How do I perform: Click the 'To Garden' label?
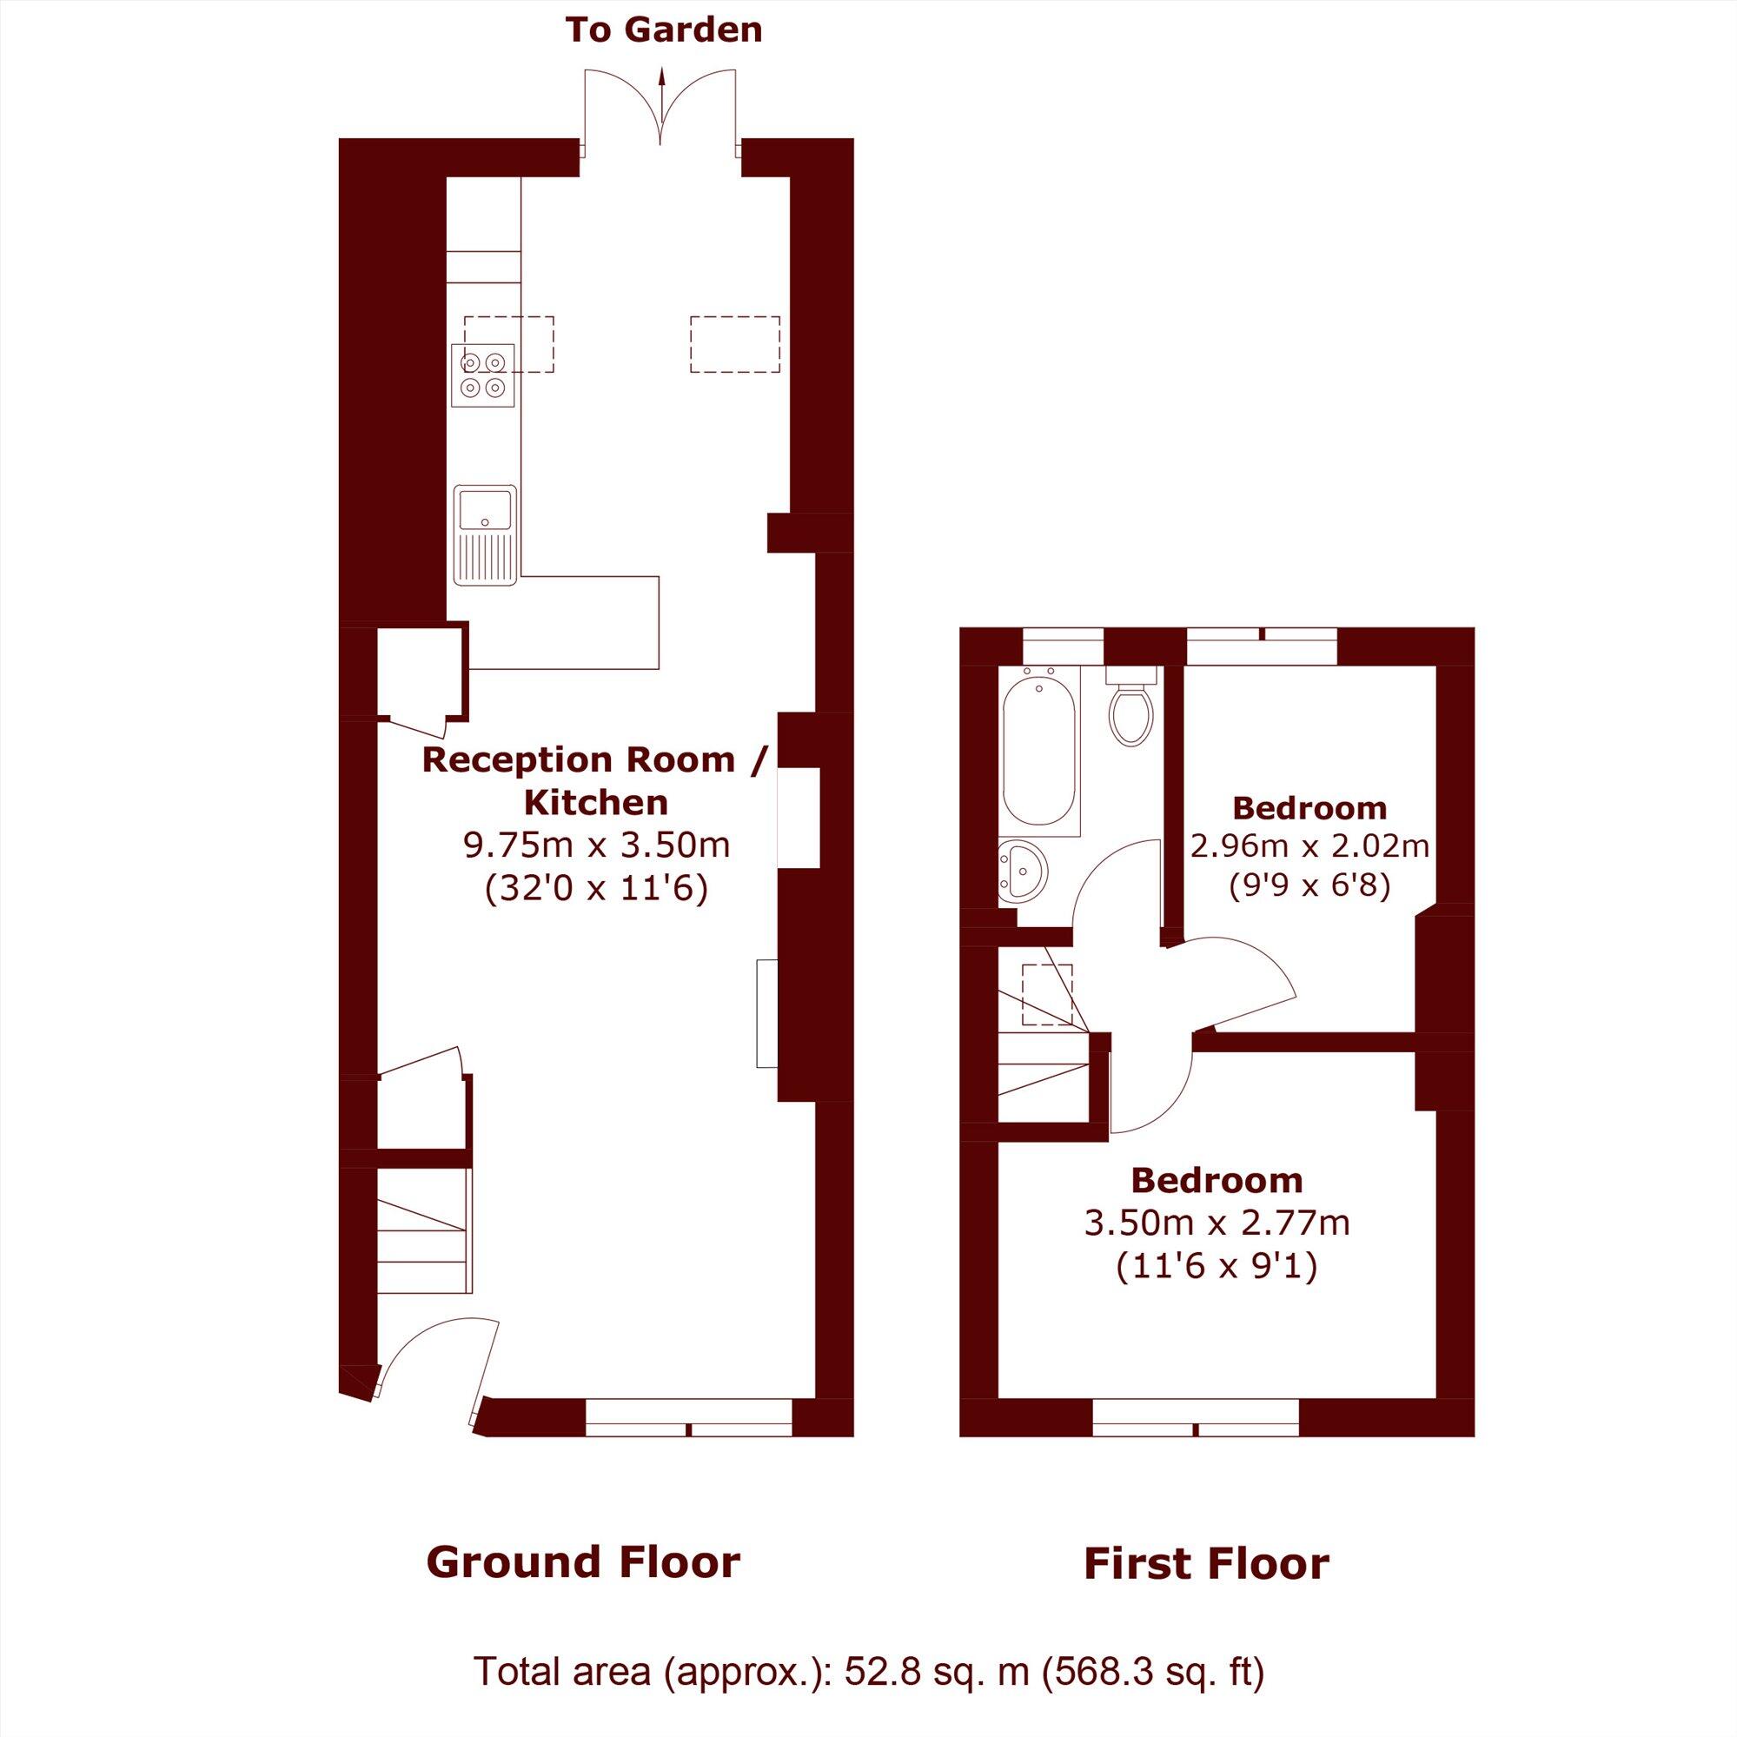(664, 30)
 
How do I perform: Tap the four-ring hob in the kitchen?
(483, 375)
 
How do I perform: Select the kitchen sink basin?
(485, 509)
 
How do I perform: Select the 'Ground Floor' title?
(582, 1561)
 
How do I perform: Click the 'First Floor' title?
(1206, 1563)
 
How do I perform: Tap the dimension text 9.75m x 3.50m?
(596, 845)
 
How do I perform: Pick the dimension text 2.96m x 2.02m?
(1309, 846)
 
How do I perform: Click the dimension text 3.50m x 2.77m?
(1217, 1223)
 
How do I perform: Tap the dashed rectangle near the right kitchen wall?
(734, 344)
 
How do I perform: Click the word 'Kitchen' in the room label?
(596, 802)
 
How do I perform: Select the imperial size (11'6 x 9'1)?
(1217, 1267)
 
